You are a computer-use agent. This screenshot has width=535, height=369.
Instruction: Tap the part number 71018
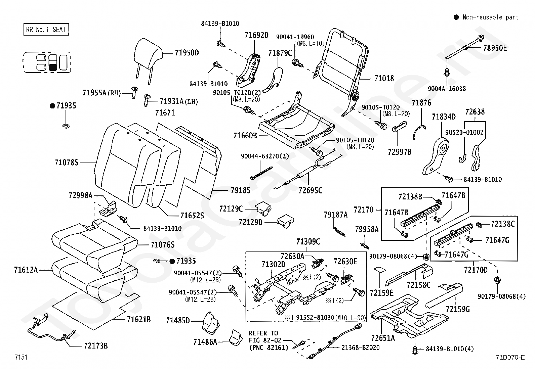[x=384, y=78]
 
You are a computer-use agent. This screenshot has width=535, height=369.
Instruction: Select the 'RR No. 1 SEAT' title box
[x=46, y=29]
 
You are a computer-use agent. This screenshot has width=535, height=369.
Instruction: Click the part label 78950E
[x=495, y=48]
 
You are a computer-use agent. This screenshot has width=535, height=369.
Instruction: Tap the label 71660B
[x=245, y=136]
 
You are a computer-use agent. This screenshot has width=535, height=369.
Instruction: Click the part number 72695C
[x=310, y=190]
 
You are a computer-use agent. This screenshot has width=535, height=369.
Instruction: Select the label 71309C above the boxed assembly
[x=308, y=241]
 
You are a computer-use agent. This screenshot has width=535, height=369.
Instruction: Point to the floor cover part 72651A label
[x=383, y=338]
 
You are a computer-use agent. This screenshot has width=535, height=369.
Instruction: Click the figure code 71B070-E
[x=510, y=357]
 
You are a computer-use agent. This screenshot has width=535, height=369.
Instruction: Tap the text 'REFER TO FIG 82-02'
[x=265, y=336]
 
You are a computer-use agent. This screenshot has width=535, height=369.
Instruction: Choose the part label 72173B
[x=96, y=345]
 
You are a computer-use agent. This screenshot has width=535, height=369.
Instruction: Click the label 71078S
[x=67, y=163]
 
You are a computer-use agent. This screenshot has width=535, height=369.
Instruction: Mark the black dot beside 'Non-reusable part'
[x=456, y=17]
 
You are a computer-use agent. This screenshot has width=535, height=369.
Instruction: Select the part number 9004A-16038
[x=447, y=89]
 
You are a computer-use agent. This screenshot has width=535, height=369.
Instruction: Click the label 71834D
[x=444, y=117]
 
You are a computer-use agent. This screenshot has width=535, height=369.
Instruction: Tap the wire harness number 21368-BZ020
[x=360, y=348]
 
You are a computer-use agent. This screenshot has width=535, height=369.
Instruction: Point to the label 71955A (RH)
[x=102, y=93]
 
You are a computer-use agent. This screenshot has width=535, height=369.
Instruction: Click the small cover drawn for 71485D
[x=211, y=323]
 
